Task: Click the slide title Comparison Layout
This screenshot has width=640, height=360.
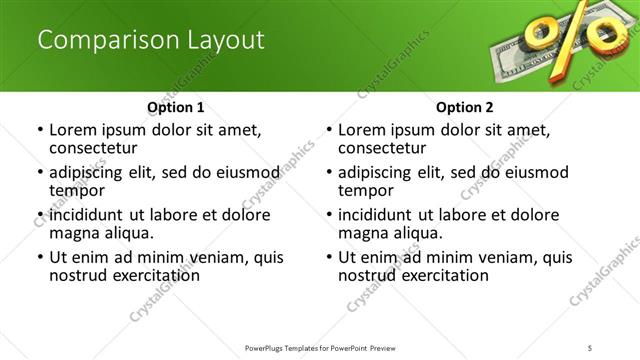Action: [x=151, y=41]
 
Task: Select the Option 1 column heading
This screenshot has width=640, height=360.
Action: [x=175, y=107]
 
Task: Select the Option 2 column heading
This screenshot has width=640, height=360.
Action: [x=465, y=107]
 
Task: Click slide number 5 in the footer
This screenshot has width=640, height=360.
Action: [x=591, y=347]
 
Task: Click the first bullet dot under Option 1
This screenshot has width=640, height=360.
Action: [x=39, y=130]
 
